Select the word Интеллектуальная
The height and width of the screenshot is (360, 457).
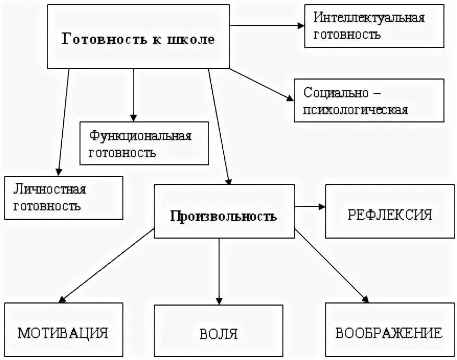(x=369, y=18)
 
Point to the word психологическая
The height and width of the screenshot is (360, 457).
(x=356, y=110)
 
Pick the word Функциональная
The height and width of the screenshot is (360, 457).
(x=141, y=136)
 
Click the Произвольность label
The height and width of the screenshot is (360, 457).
(x=223, y=216)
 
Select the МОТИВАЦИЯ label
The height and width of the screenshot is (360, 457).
(x=63, y=333)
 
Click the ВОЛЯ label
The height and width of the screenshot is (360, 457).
(x=219, y=333)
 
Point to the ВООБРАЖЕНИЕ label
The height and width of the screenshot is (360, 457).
(x=389, y=333)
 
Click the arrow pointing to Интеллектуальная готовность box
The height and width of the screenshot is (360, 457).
(x=267, y=25)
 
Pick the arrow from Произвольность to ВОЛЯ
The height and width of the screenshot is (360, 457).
(x=219, y=272)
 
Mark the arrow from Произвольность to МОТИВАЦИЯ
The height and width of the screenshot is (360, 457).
(x=107, y=266)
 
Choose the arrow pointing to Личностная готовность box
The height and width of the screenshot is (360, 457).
(x=63, y=123)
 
